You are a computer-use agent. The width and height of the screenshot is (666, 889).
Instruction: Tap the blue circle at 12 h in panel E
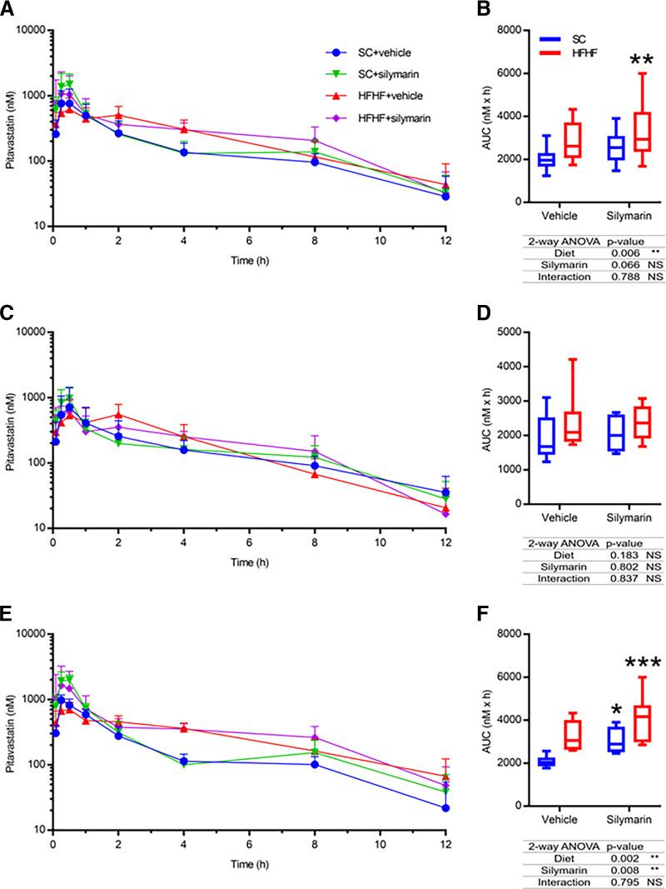coord(445,807)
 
